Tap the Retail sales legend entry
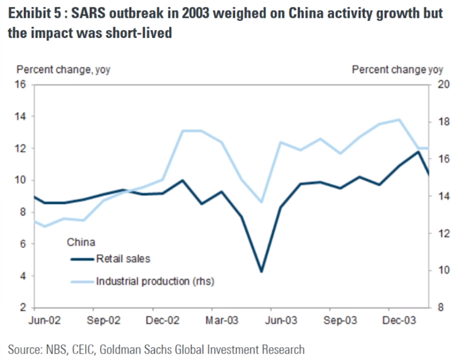tap(123, 258)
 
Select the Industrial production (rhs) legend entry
tap(155, 282)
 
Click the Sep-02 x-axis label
tap(104, 321)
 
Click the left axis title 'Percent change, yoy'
tap(63, 70)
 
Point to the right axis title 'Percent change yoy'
tap(397, 70)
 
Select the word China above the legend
tap(81, 243)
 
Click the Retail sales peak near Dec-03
tap(418, 151)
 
